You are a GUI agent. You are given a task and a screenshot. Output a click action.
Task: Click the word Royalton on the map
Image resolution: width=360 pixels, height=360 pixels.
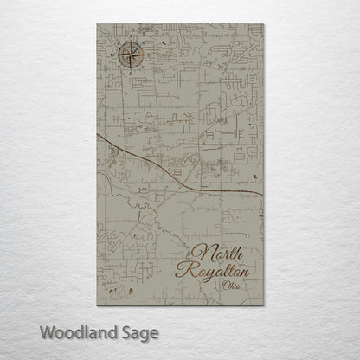coord(222,271)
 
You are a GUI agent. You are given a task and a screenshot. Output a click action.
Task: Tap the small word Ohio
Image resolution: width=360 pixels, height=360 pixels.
coord(231,286)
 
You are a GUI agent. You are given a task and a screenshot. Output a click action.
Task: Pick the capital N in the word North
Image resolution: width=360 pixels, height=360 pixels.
coord(200,254)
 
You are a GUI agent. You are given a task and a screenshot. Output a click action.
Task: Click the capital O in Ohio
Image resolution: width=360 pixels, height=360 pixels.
coord(224,286)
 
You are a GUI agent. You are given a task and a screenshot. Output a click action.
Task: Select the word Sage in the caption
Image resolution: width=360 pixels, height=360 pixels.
coord(138,332)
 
